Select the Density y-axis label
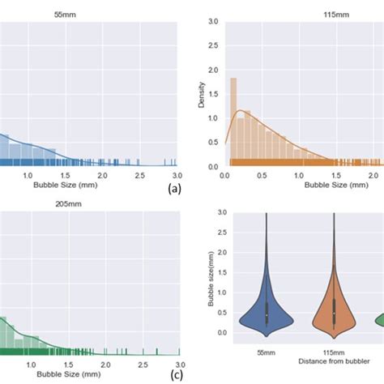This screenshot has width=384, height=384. pos(203,94)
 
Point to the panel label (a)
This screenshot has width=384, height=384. pos(173,189)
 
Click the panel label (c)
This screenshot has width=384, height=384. pos(176,374)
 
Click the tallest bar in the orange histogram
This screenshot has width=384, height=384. pos(233,122)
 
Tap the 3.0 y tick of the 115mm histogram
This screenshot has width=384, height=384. pos(213,22)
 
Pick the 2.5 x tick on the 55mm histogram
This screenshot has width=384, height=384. pos(140,175)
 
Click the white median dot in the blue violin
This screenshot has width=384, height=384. pos(267,314)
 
